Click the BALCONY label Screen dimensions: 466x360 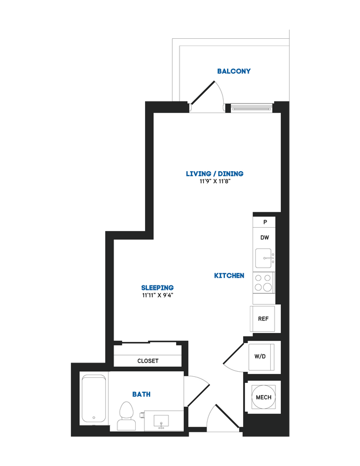[x=234, y=71]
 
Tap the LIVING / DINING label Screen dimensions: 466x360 [x=214, y=174]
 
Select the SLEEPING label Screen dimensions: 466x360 [x=157, y=288]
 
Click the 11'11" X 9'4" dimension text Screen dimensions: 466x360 [x=157, y=296]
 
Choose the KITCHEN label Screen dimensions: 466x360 [x=229, y=275]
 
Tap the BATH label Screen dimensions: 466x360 [x=141, y=395]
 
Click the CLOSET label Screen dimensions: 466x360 [x=148, y=361]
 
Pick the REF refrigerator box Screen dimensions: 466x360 [x=264, y=319]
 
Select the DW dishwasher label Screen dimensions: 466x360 [x=265, y=237]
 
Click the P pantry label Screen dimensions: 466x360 [x=265, y=222]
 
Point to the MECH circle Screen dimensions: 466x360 [x=263, y=397]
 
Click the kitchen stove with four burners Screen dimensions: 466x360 [x=263, y=283]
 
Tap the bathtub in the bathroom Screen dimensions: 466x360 [x=94, y=399]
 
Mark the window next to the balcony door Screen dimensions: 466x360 [x=251, y=107]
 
